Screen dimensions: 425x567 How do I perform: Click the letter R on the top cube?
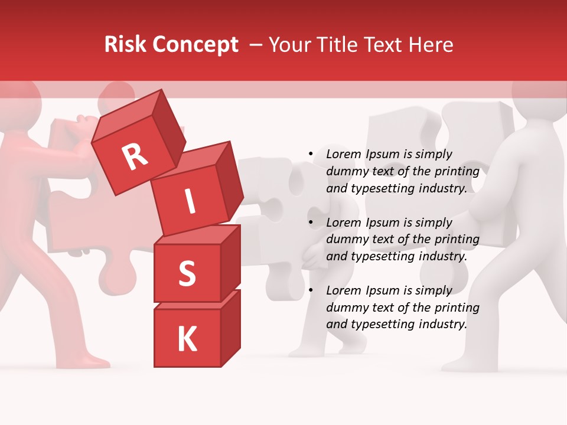tap(135, 156)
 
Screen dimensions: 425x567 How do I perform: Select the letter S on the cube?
tap(187, 274)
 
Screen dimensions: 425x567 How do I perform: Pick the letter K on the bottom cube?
tap(187, 339)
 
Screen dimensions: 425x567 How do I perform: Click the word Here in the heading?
tap(431, 45)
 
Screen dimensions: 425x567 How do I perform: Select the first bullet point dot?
tap(311, 155)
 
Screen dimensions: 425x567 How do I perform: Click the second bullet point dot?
tap(311, 223)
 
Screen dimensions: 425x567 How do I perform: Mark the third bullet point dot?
tap(311, 291)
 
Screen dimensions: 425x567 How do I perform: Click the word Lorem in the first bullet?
tap(343, 155)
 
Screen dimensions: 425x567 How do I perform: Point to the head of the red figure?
tap(18, 94)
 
